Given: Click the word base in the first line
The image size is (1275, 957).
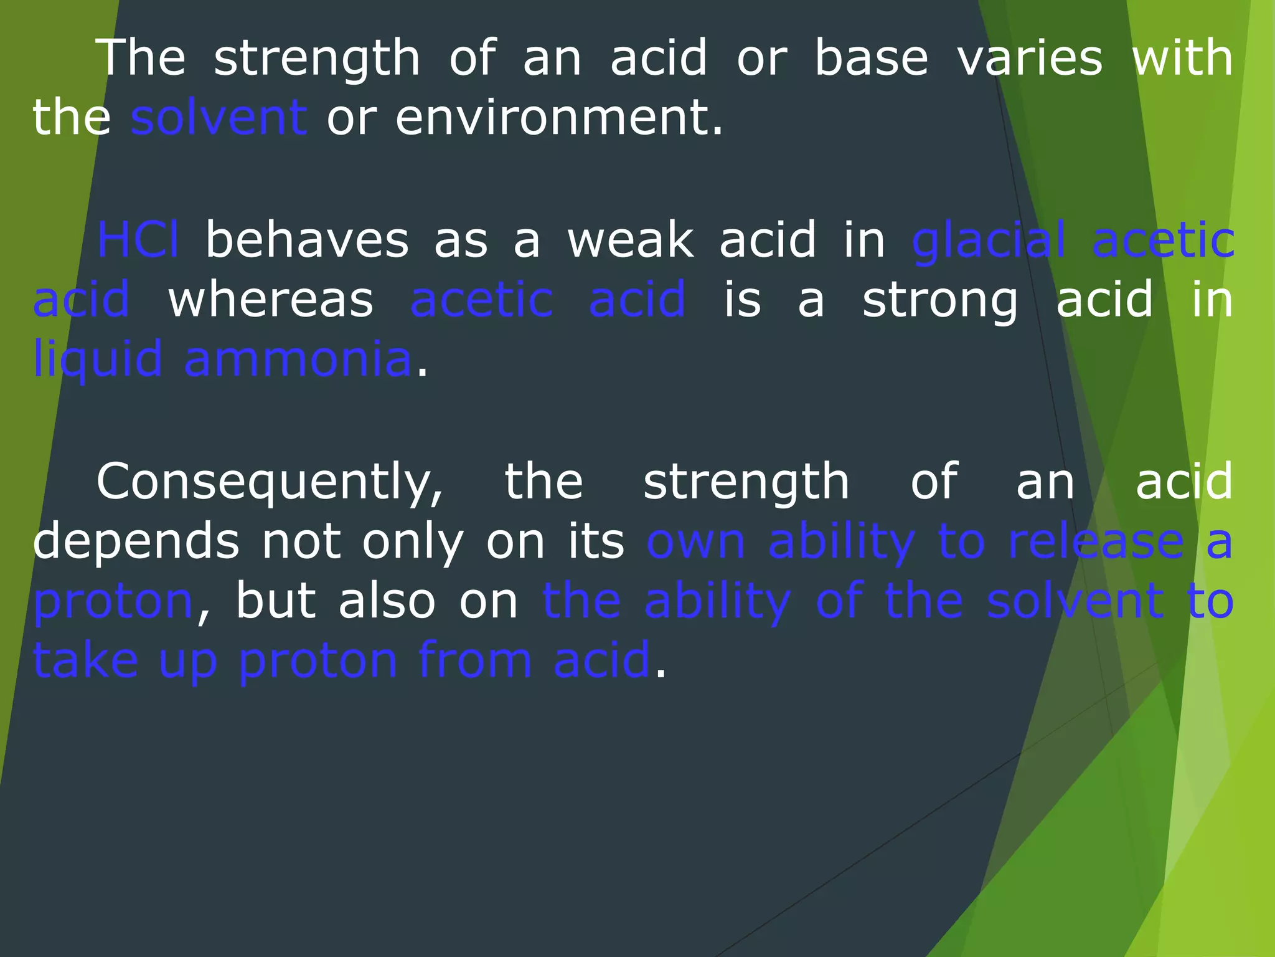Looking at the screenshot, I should pyautogui.click(x=871, y=58).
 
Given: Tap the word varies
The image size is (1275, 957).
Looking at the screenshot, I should pyautogui.click(x=1030, y=58).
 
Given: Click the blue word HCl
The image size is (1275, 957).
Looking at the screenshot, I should pyautogui.click(x=138, y=240).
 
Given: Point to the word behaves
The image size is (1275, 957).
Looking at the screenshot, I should pyautogui.click(x=307, y=240).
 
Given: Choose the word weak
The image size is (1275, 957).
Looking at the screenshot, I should pyautogui.click(x=630, y=240).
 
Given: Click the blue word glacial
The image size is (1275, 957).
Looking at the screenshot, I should pyautogui.click(x=988, y=240).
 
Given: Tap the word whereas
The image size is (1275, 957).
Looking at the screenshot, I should pyautogui.click(x=271, y=300).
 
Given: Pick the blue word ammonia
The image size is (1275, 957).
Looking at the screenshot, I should pyautogui.click(x=298, y=359).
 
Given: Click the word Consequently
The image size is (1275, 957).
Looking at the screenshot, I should pyautogui.click(x=270, y=482).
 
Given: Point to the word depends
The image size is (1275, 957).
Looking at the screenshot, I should pyautogui.click(x=136, y=541).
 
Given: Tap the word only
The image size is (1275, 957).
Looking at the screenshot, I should pyautogui.click(x=413, y=541).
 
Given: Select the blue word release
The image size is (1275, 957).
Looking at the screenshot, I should pyautogui.click(x=1096, y=541).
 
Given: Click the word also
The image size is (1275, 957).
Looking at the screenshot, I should pyautogui.click(x=386, y=601).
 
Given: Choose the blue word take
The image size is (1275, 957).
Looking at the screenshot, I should pyautogui.click(x=85, y=660).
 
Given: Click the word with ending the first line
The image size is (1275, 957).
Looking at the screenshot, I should pyautogui.click(x=1182, y=58).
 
